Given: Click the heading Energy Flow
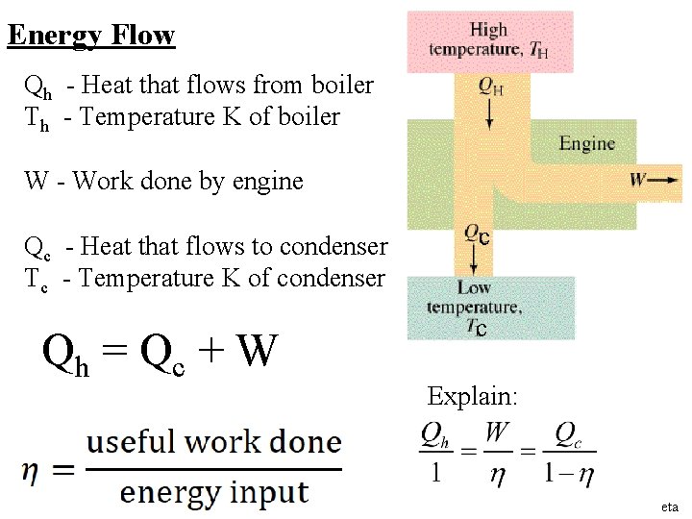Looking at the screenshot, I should [90, 36].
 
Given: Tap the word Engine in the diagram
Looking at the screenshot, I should [586, 143].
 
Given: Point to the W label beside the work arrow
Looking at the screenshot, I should [638, 179].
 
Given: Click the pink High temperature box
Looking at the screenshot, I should [490, 41].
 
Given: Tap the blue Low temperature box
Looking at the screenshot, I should [490, 308].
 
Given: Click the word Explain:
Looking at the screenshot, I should [472, 395].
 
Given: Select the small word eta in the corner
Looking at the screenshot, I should [670, 507].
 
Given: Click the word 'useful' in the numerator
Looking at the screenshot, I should [131, 442].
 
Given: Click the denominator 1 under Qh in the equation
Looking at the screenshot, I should [434, 473].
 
